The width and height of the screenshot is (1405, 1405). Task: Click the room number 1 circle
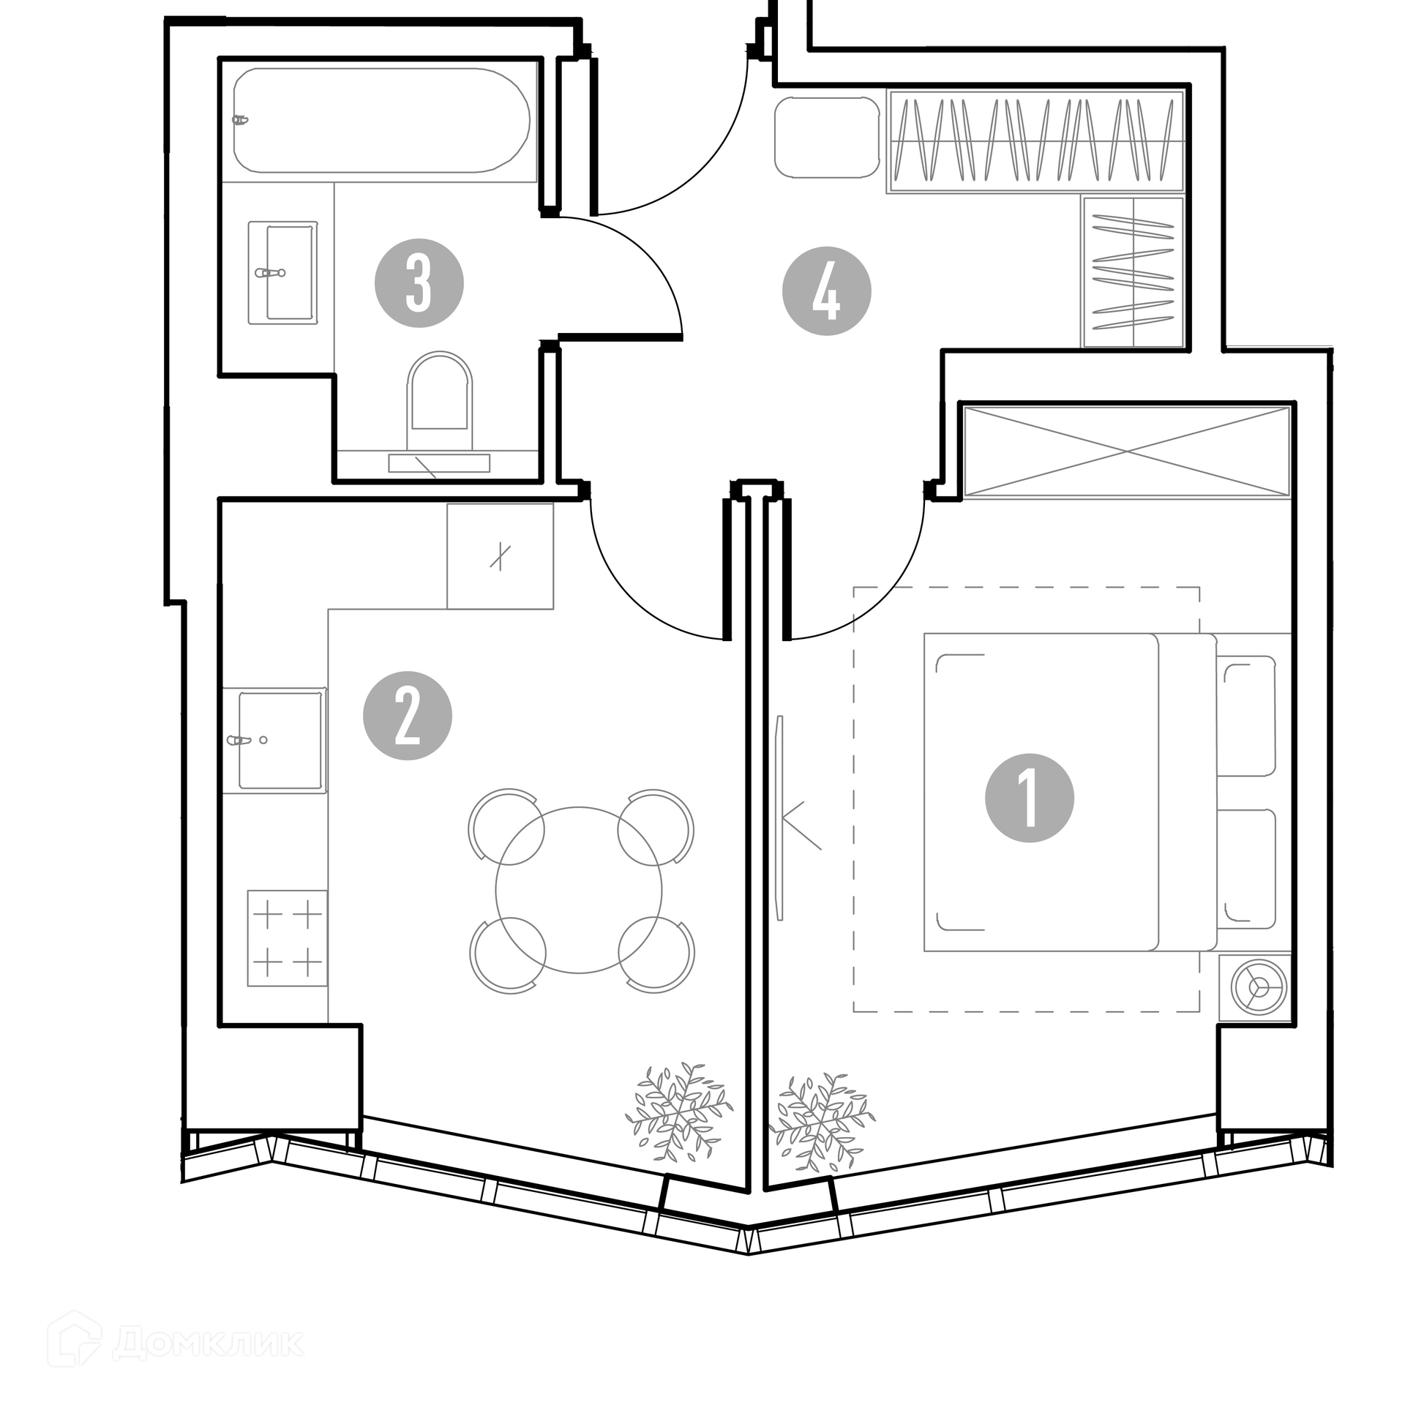point(1030,798)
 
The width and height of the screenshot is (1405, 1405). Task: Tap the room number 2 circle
point(408,716)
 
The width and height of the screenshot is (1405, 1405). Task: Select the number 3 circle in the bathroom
point(419,283)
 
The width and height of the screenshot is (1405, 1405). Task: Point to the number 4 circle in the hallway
point(827,291)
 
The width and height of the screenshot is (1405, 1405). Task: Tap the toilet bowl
point(439,401)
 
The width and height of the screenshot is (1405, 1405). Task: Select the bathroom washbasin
point(283,272)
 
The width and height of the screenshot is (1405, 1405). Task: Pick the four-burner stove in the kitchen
point(287,938)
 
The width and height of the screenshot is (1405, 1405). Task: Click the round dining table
point(579,890)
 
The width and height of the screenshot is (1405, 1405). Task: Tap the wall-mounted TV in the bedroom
point(780,817)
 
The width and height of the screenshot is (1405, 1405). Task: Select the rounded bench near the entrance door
point(827,138)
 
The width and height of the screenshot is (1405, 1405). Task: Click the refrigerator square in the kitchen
point(501,556)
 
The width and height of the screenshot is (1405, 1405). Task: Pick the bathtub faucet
point(241,119)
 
